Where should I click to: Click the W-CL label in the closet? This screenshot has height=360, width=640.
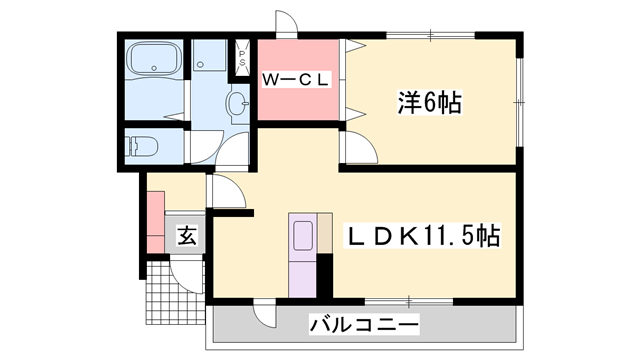[296, 80]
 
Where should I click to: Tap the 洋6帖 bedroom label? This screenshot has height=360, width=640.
[430, 101]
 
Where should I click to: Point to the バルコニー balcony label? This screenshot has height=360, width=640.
[364, 324]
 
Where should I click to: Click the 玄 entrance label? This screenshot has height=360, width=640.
[187, 237]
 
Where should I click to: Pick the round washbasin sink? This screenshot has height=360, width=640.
[238, 103]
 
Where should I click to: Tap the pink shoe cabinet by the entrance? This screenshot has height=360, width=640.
[155, 220]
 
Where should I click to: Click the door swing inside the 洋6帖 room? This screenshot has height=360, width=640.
[357, 148]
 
